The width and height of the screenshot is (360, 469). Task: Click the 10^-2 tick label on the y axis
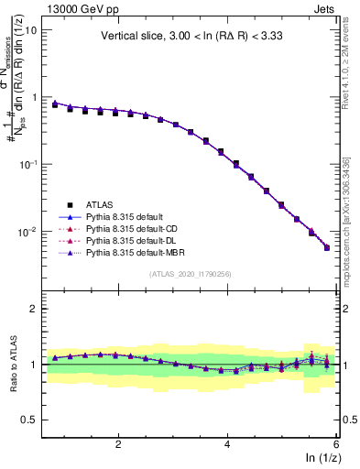[x=27, y=232]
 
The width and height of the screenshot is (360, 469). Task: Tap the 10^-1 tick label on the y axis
[x=27, y=164]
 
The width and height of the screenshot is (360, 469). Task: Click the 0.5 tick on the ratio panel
[x=27, y=420]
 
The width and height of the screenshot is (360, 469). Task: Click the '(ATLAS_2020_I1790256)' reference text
[x=191, y=274]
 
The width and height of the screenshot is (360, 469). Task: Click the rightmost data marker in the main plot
[x=327, y=247]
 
